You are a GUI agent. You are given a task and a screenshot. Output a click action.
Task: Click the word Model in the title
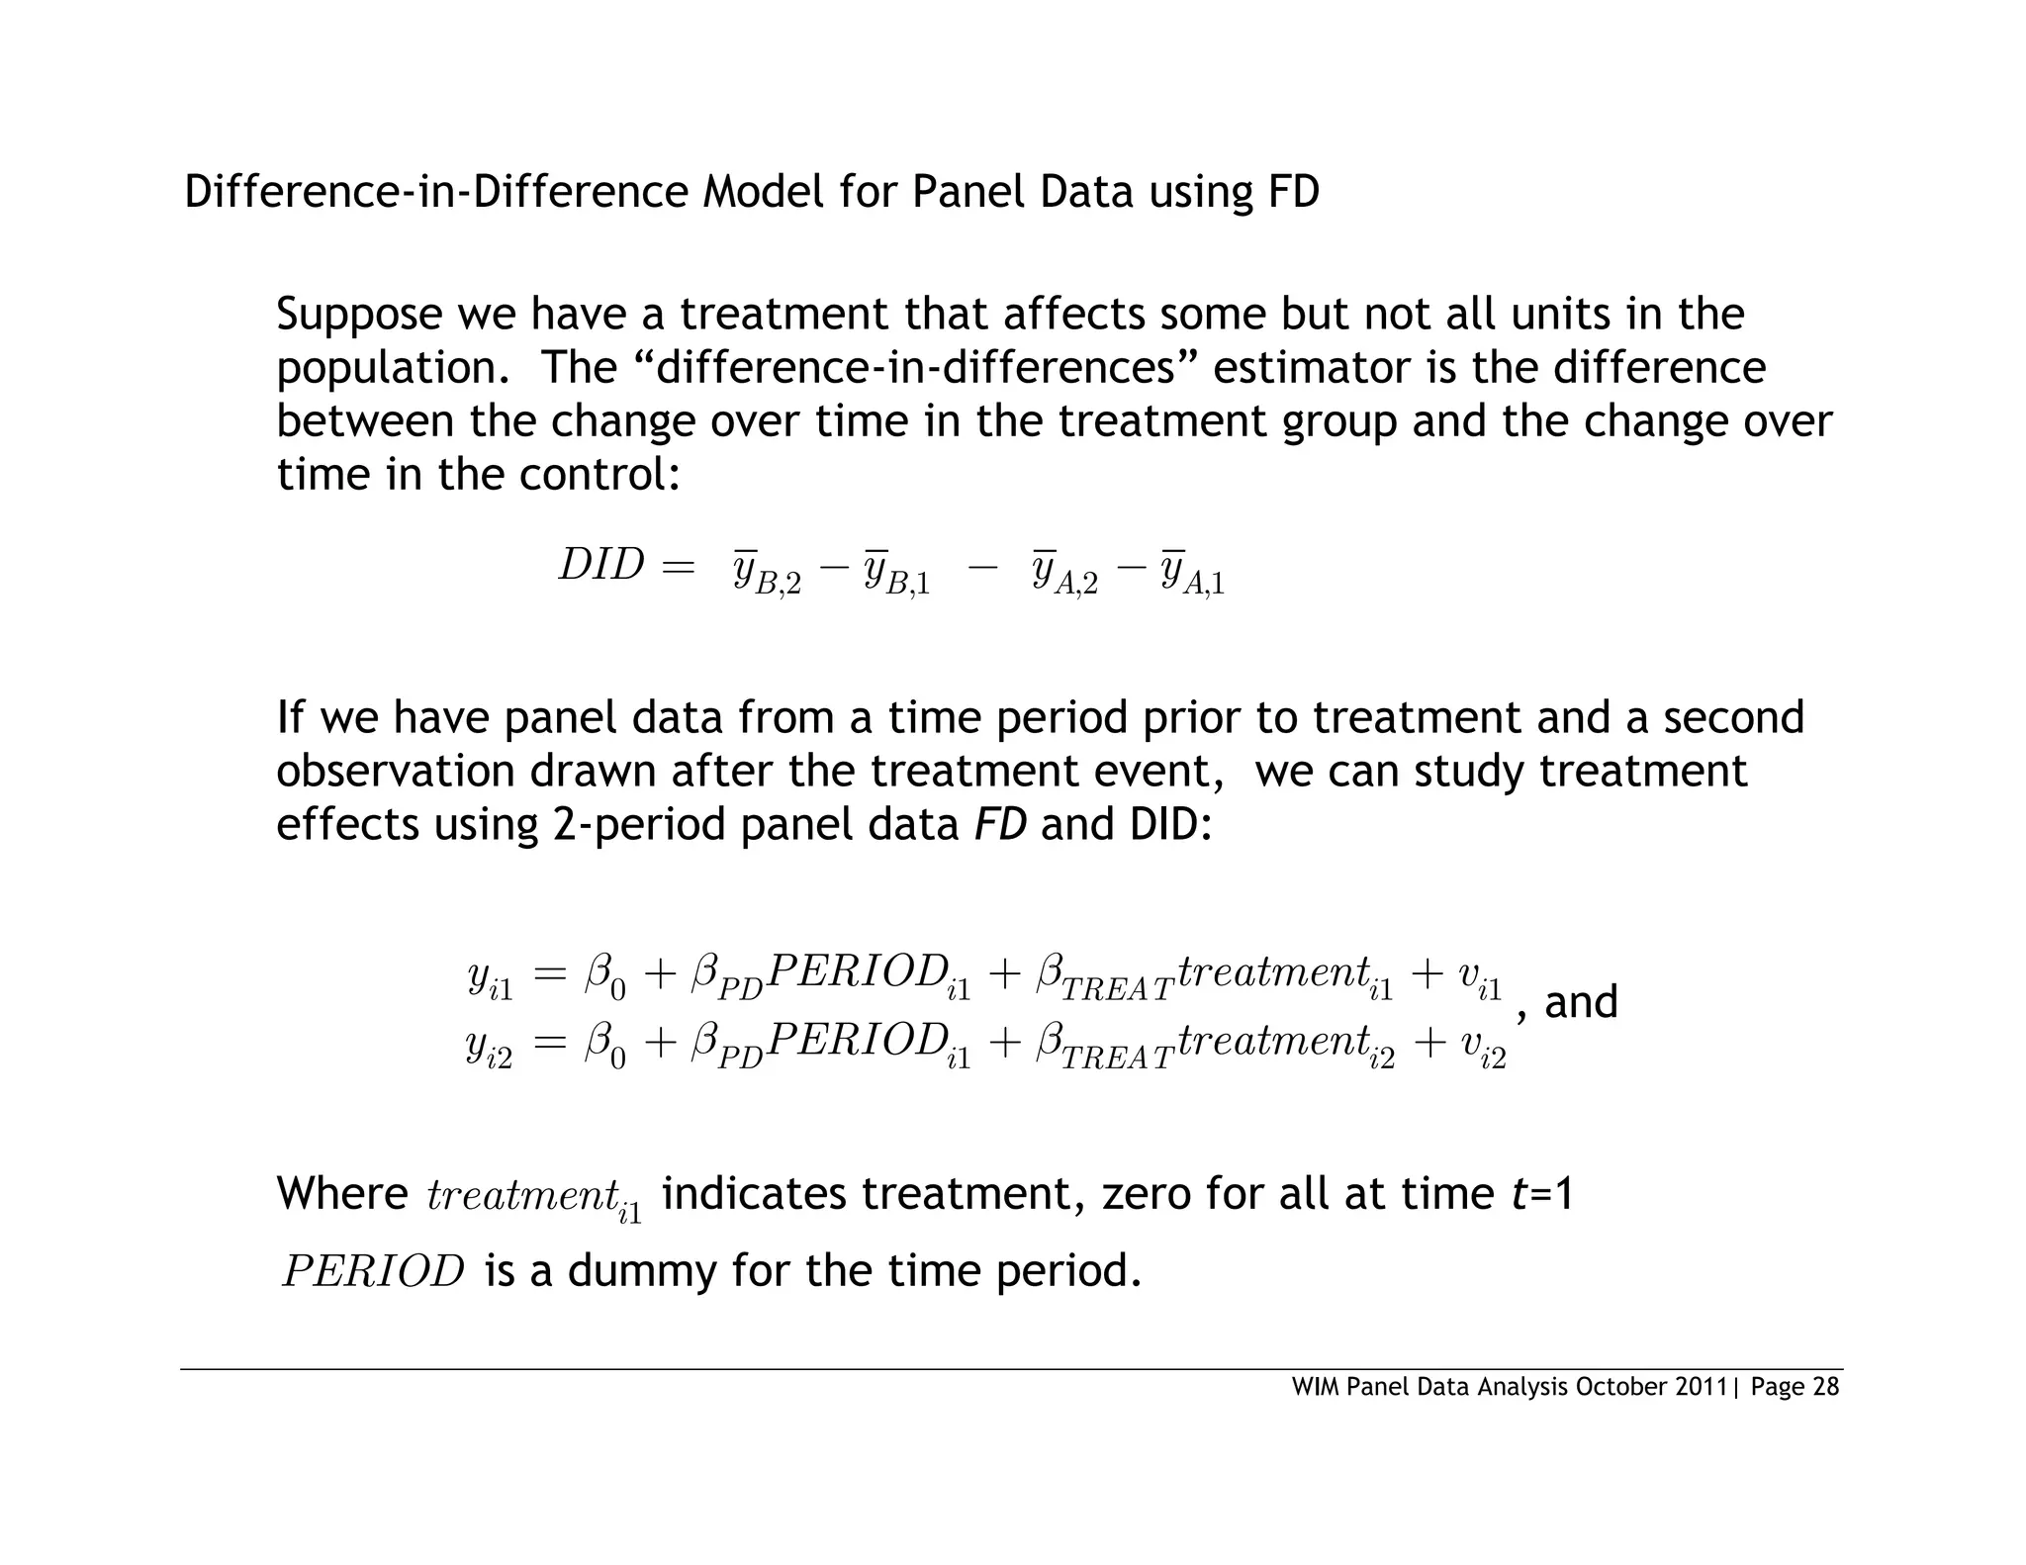(763, 191)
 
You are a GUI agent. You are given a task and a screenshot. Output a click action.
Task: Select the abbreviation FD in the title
(1293, 191)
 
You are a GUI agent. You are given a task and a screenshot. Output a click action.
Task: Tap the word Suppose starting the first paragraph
(359, 316)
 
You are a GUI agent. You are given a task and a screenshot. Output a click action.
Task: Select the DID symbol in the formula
(601, 566)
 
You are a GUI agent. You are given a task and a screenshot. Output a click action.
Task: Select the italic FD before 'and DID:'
(1000, 824)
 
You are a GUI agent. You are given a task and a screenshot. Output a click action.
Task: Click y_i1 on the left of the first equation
(490, 978)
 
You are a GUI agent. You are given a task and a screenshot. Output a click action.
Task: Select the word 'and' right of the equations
(1581, 1002)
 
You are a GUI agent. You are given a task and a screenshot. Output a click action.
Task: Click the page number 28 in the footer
(1825, 1387)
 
